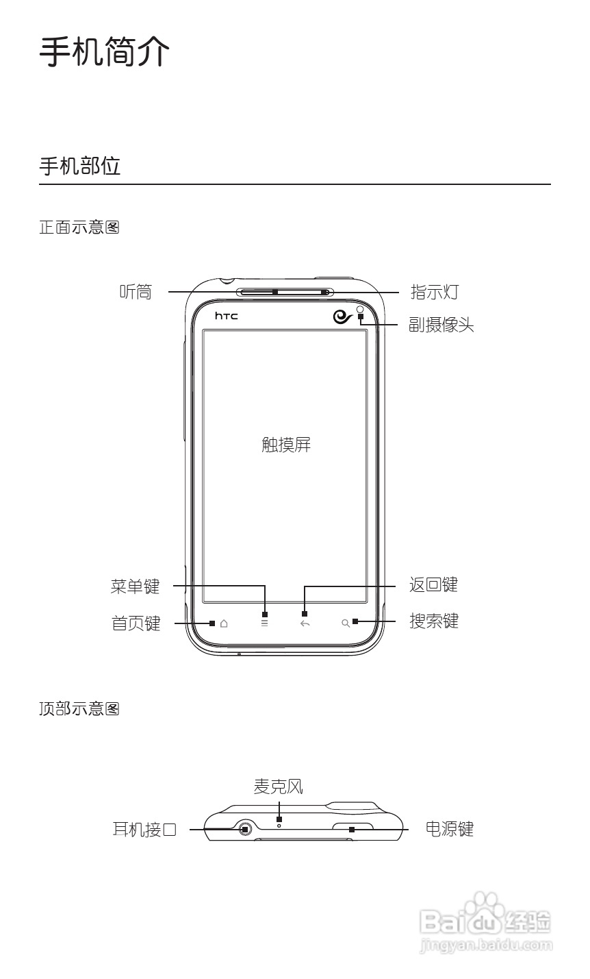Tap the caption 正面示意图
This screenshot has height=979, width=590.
point(79,227)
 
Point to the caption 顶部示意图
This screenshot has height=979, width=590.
point(79,709)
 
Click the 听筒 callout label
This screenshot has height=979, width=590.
point(136,293)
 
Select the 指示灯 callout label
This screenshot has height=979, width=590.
point(434,293)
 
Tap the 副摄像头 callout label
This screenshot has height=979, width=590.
point(441,325)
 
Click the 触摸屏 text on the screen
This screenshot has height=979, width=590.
point(286,445)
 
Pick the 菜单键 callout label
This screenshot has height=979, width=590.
point(135,586)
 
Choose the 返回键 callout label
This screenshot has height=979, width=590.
point(433,585)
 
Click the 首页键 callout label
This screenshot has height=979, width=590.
point(136,623)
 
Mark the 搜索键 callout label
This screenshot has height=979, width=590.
point(434,621)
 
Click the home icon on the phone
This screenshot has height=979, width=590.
point(224,623)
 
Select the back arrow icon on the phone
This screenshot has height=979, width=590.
point(305,623)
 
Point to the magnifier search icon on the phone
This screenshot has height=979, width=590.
point(346,623)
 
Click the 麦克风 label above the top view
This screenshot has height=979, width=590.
point(278,787)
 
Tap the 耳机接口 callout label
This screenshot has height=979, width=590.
point(144,830)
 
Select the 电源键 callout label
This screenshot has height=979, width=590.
point(449,830)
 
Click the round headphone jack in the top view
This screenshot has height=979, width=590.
point(246,830)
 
